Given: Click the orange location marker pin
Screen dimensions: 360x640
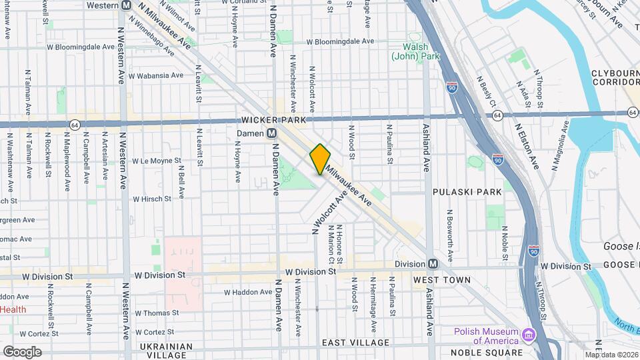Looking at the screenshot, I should click(320, 159).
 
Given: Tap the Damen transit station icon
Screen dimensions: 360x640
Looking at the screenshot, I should click(272, 133).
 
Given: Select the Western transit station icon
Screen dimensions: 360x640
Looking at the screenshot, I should click(126, 5).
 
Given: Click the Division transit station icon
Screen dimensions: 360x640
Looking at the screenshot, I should click(433, 263).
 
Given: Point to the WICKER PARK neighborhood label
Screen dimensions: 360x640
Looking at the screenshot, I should click(273, 120).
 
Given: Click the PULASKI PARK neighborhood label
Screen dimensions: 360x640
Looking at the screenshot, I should click(467, 192).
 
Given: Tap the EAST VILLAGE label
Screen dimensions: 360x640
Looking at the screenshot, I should click(355, 343).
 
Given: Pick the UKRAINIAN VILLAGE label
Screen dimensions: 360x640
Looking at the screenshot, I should click(166, 351).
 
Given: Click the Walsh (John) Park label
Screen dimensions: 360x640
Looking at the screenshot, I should click(415, 52).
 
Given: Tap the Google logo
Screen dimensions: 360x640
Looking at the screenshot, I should click(22, 351).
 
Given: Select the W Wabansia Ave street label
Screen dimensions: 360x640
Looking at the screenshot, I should click(157, 75).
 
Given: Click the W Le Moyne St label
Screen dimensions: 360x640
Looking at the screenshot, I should click(157, 161).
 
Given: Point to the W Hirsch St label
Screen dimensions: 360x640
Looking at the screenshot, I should click(157, 198).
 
